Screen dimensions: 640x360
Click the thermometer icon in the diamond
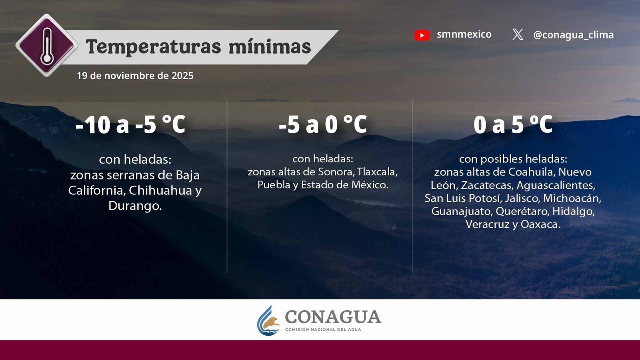coord(47,46)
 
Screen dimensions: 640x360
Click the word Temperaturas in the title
coord(154,47)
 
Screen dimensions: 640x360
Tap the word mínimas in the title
coord(270,46)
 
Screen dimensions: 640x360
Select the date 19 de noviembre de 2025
coord(135,76)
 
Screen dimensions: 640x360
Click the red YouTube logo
coord(422,36)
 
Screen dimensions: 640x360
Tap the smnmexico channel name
coord(464,34)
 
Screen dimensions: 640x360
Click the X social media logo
coord(518,34)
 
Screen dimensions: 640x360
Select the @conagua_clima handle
coord(574,35)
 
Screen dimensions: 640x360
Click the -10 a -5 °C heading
coord(130,124)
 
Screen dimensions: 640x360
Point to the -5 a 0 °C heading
coord(323,124)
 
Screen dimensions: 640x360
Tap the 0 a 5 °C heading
coord(513,124)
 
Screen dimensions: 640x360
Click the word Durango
coord(135,206)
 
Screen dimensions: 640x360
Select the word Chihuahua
coord(160,190)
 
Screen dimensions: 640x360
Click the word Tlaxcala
coord(377,172)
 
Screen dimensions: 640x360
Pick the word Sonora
coord(337,172)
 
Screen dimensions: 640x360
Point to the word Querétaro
coord(522,211)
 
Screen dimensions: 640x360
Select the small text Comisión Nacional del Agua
coord(323,330)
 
